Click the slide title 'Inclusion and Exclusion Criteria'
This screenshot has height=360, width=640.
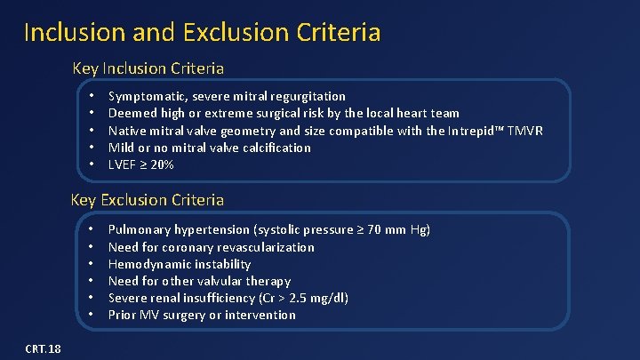tap(202, 33)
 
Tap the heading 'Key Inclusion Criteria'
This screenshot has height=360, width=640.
tap(148, 68)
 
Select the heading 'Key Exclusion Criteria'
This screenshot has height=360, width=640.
tap(148, 200)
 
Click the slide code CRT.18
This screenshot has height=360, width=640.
tap(44, 348)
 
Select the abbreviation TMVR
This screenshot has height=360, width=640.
tap(524, 131)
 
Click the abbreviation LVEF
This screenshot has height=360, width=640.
tap(124, 165)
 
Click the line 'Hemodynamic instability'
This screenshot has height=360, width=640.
tap(180, 264)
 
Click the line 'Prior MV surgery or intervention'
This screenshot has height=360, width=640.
tap(202, 315)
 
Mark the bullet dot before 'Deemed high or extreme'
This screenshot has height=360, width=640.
tap(92, 113)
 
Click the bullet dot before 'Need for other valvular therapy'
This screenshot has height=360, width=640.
tap(92, 281)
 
